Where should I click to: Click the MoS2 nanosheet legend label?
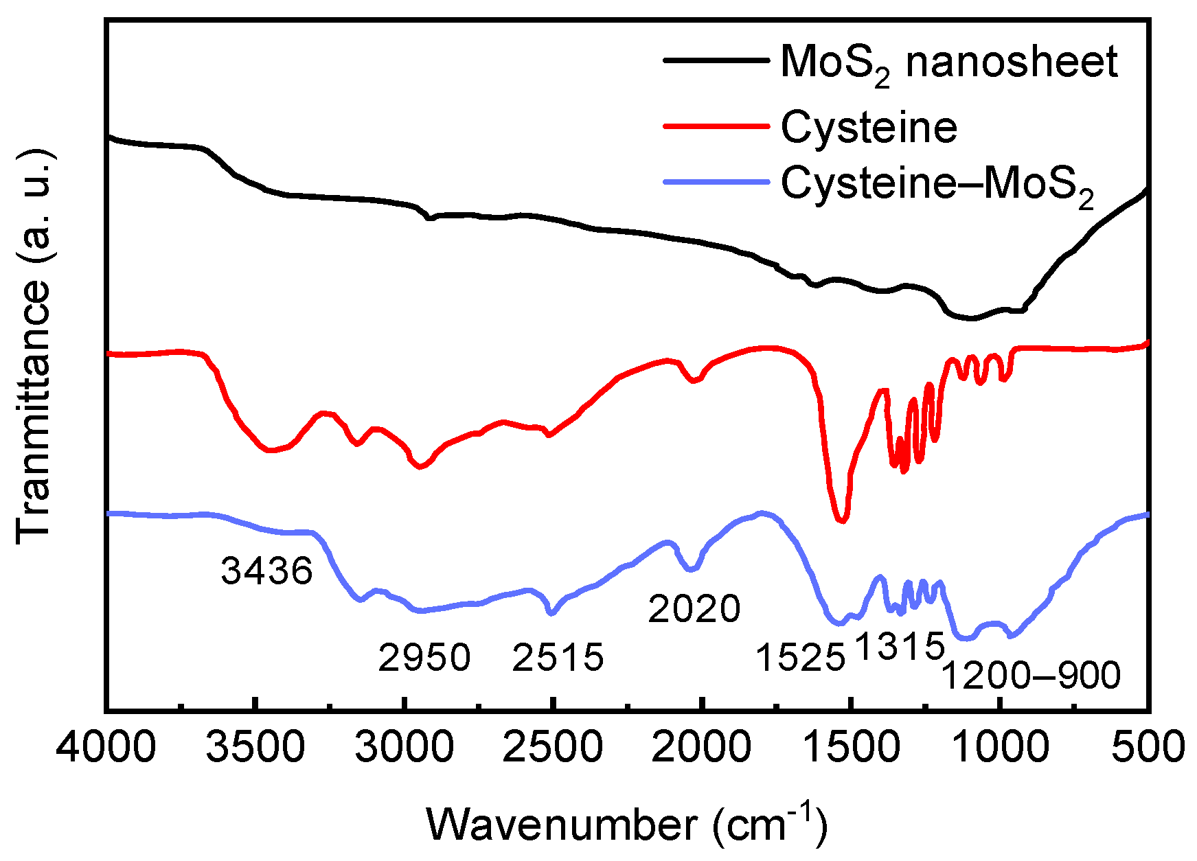[949, 63]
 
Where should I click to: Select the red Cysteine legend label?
[869, 127]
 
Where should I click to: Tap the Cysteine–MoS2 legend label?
[937, 185]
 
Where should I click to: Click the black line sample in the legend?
[716, 60]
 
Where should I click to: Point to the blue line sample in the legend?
[716, 182]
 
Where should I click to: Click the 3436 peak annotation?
[266, 571]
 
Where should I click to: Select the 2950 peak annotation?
[424, 658]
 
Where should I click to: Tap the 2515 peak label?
[558, 658]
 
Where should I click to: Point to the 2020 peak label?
[694, 608]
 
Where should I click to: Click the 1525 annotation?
[800, 658]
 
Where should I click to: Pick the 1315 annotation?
[900, 646]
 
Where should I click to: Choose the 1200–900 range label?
[1030, 676]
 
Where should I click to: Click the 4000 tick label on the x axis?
[106, 746]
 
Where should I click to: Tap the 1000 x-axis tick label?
[999, 746]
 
